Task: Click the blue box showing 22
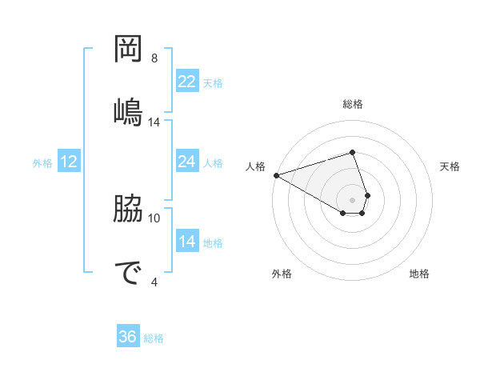pos(186,81)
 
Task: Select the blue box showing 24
pos(186,162)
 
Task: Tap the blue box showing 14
pos(186,242)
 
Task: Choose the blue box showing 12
pos(69,162)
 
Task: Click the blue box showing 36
pos(128,337)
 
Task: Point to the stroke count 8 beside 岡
pos(154,58)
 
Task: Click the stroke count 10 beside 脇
pos(154,218)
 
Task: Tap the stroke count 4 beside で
pos(154,281)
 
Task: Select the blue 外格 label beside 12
pos(42,163)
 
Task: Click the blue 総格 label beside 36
pos(154,338)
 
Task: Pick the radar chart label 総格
pos(353,104)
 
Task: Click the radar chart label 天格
pos(450,166)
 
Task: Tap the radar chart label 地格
pos(419,274)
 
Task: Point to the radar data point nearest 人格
pos(276,175)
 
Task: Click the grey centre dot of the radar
pos(353,200)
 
